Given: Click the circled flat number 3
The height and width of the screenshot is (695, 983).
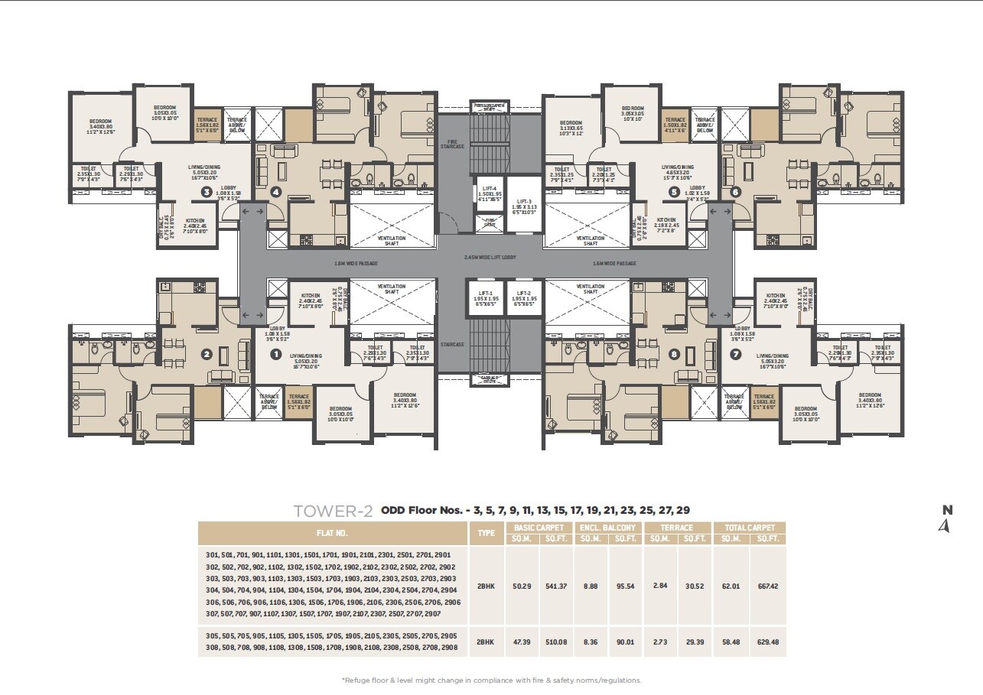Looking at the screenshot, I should [x=206, y=192].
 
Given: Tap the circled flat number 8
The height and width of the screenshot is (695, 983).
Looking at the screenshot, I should [x=674, y=354].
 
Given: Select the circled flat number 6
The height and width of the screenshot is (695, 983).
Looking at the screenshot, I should [x=736, y=192].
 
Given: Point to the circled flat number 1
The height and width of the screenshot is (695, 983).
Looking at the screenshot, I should [x=277, y=354].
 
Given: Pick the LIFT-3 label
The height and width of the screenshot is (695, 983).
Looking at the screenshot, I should [x=525, y=202].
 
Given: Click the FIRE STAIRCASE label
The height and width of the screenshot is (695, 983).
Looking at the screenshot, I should [x=452, y=144].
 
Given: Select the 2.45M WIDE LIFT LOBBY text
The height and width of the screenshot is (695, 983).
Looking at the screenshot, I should [x=490, y=258].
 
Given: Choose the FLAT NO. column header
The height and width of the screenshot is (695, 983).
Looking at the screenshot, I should [x=331, y=533].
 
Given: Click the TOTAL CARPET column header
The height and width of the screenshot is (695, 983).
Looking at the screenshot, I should [x=749, y=528].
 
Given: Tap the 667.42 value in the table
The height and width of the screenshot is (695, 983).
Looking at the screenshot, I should [x=767, y=586].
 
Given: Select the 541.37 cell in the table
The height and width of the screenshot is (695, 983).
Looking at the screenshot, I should [x=556, y=586].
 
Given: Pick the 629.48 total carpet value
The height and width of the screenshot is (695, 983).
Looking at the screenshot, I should [x=767, y=642].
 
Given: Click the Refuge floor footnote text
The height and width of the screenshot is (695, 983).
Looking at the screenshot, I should [x=491, y=680].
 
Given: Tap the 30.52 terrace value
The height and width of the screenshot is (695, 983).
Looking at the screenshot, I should [x=695, y=585].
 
